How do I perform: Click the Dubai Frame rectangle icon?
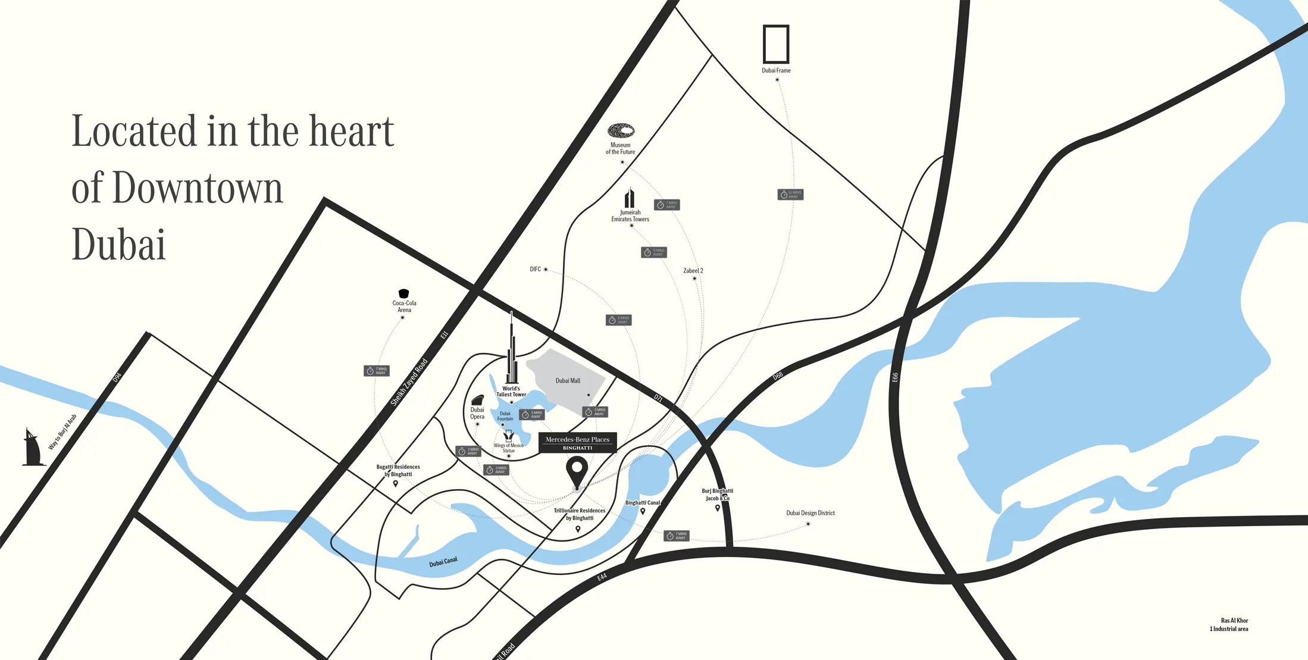coord(776,44)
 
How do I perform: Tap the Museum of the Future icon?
coord(621,130)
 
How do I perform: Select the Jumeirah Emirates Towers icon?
coord(630,198)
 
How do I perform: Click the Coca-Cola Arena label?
coord(404,306)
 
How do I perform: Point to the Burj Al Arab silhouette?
coord(32,448)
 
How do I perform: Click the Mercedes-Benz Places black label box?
coord(577,443)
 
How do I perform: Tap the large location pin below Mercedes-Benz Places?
coord(577,471)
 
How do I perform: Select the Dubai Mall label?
coord(568,381)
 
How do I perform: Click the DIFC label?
coord(536,270)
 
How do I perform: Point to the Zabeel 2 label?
coord(693,271)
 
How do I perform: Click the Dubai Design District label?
coord(810,513)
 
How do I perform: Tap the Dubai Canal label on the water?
coord(443,562)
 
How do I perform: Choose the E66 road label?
coord(895,377)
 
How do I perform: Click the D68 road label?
coord(778,376)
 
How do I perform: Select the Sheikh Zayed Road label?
coord(409,382)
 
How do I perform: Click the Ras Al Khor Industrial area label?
coord(1229,625)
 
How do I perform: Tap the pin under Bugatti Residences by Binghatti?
coord(396,484)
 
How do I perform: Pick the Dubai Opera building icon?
coord(477,400)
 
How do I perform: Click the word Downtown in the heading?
coord(197,189)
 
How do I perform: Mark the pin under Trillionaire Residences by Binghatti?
coord(578,528)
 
